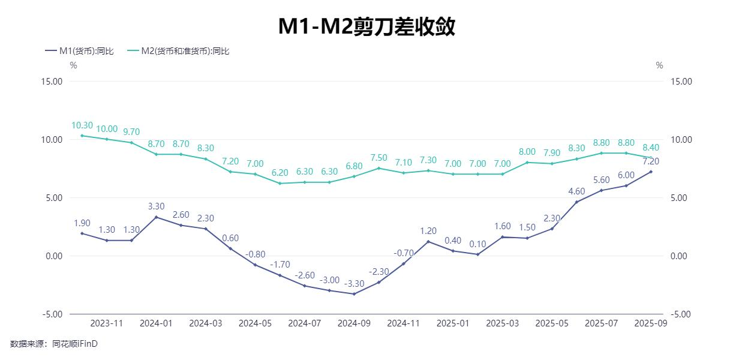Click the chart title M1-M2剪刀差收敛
366,26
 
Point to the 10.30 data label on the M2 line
82,125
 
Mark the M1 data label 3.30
156,206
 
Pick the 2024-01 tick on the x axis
156,323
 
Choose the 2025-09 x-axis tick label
651,323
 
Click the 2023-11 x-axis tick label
107,323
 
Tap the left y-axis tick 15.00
53,82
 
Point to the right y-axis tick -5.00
680,314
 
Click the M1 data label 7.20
651,161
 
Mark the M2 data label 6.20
280,172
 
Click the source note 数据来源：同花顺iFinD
54,344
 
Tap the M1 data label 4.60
576,191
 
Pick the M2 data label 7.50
379,158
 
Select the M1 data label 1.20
428,231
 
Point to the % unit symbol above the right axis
659,65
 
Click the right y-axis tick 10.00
680,140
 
